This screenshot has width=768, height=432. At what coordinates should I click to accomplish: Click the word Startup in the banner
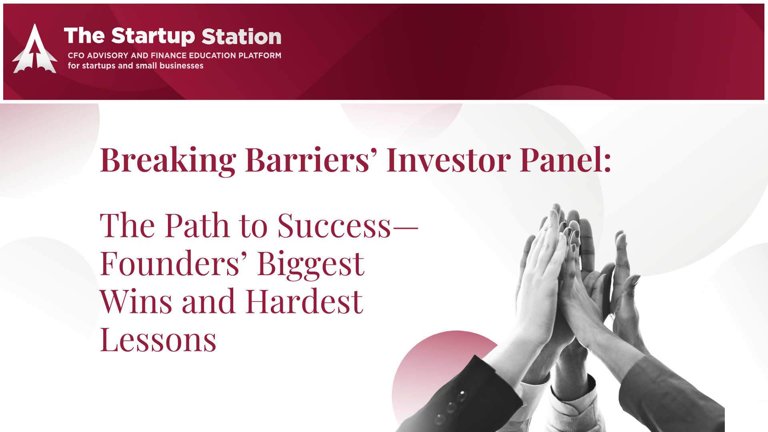click(x=153, y=36)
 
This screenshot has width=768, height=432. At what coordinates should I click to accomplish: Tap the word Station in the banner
click(x=242, y=36)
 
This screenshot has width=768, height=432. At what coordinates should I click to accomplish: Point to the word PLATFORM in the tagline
click(x=260, y=56)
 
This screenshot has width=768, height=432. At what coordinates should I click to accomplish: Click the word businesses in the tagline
click(x=182, y=66)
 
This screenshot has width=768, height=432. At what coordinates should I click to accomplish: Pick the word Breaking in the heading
click(x=168, y=160)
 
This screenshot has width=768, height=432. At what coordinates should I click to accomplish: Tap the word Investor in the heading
click(x=449, y=160)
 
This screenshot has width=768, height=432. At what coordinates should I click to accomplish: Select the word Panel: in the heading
click(x=566, y=160)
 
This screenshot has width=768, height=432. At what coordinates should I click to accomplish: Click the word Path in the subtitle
click(x=197, y=226)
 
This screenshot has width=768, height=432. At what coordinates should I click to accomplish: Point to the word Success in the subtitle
click(x=334, y=226)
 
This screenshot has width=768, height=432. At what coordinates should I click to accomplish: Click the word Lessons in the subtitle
click(x=158, y=340)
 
